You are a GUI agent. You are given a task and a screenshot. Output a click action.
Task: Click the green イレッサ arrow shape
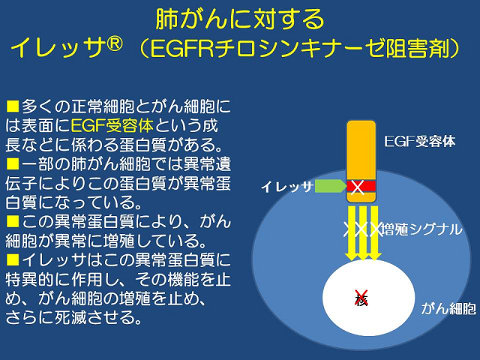tap(330, 186)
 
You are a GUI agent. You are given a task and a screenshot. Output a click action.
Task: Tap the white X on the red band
tap(357, 187)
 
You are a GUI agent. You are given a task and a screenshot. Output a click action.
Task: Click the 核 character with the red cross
tap(361, 298)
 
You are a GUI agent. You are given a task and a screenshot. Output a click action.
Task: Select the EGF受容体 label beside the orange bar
tap(420, 142)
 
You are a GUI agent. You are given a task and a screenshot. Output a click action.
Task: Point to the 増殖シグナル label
tap(421, 229)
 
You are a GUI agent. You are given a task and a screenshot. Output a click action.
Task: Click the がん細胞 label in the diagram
tap(448, 308)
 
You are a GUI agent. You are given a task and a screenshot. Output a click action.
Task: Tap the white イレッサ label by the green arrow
tap(286, 187)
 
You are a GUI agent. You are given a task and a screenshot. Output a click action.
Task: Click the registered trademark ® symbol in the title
tap(115, 44)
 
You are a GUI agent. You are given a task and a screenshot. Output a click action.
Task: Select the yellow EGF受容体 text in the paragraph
tap(112, 125)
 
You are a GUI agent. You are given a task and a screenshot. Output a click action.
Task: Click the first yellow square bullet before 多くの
tap(13, 106)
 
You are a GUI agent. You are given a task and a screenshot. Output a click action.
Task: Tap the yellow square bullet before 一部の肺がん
tap(13, 163)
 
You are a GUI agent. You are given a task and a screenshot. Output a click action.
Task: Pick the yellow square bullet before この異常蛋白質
tap(13, 221)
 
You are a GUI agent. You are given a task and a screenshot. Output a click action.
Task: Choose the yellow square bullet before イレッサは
tap(13, 259)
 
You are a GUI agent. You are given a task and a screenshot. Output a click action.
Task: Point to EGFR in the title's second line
tap(181, 48)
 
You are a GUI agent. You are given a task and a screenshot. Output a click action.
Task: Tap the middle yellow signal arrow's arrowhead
tap(363, 256)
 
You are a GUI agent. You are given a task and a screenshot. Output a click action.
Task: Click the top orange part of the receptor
tap(361, 150)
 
